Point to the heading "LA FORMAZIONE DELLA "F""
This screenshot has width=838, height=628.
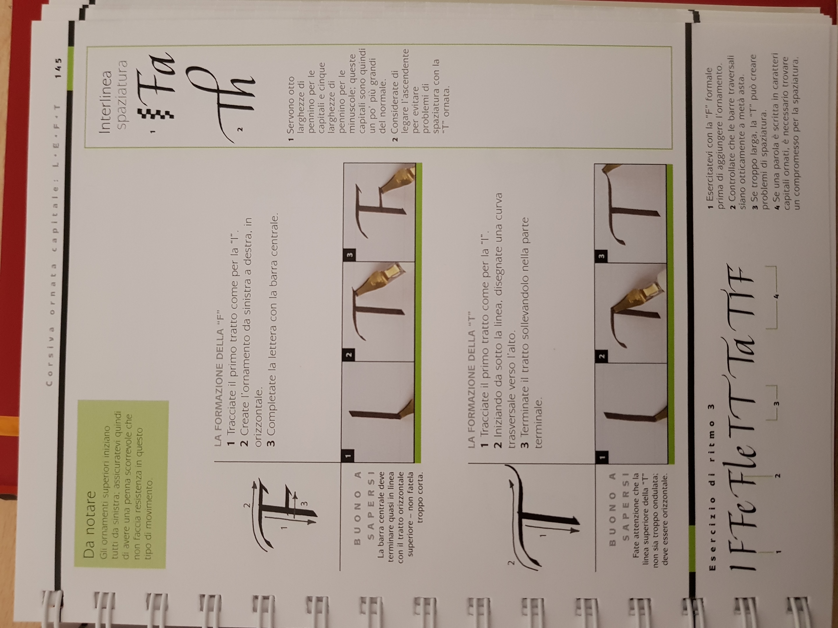tap(219, 383)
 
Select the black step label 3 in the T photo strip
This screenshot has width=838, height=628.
tap(599, 256)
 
